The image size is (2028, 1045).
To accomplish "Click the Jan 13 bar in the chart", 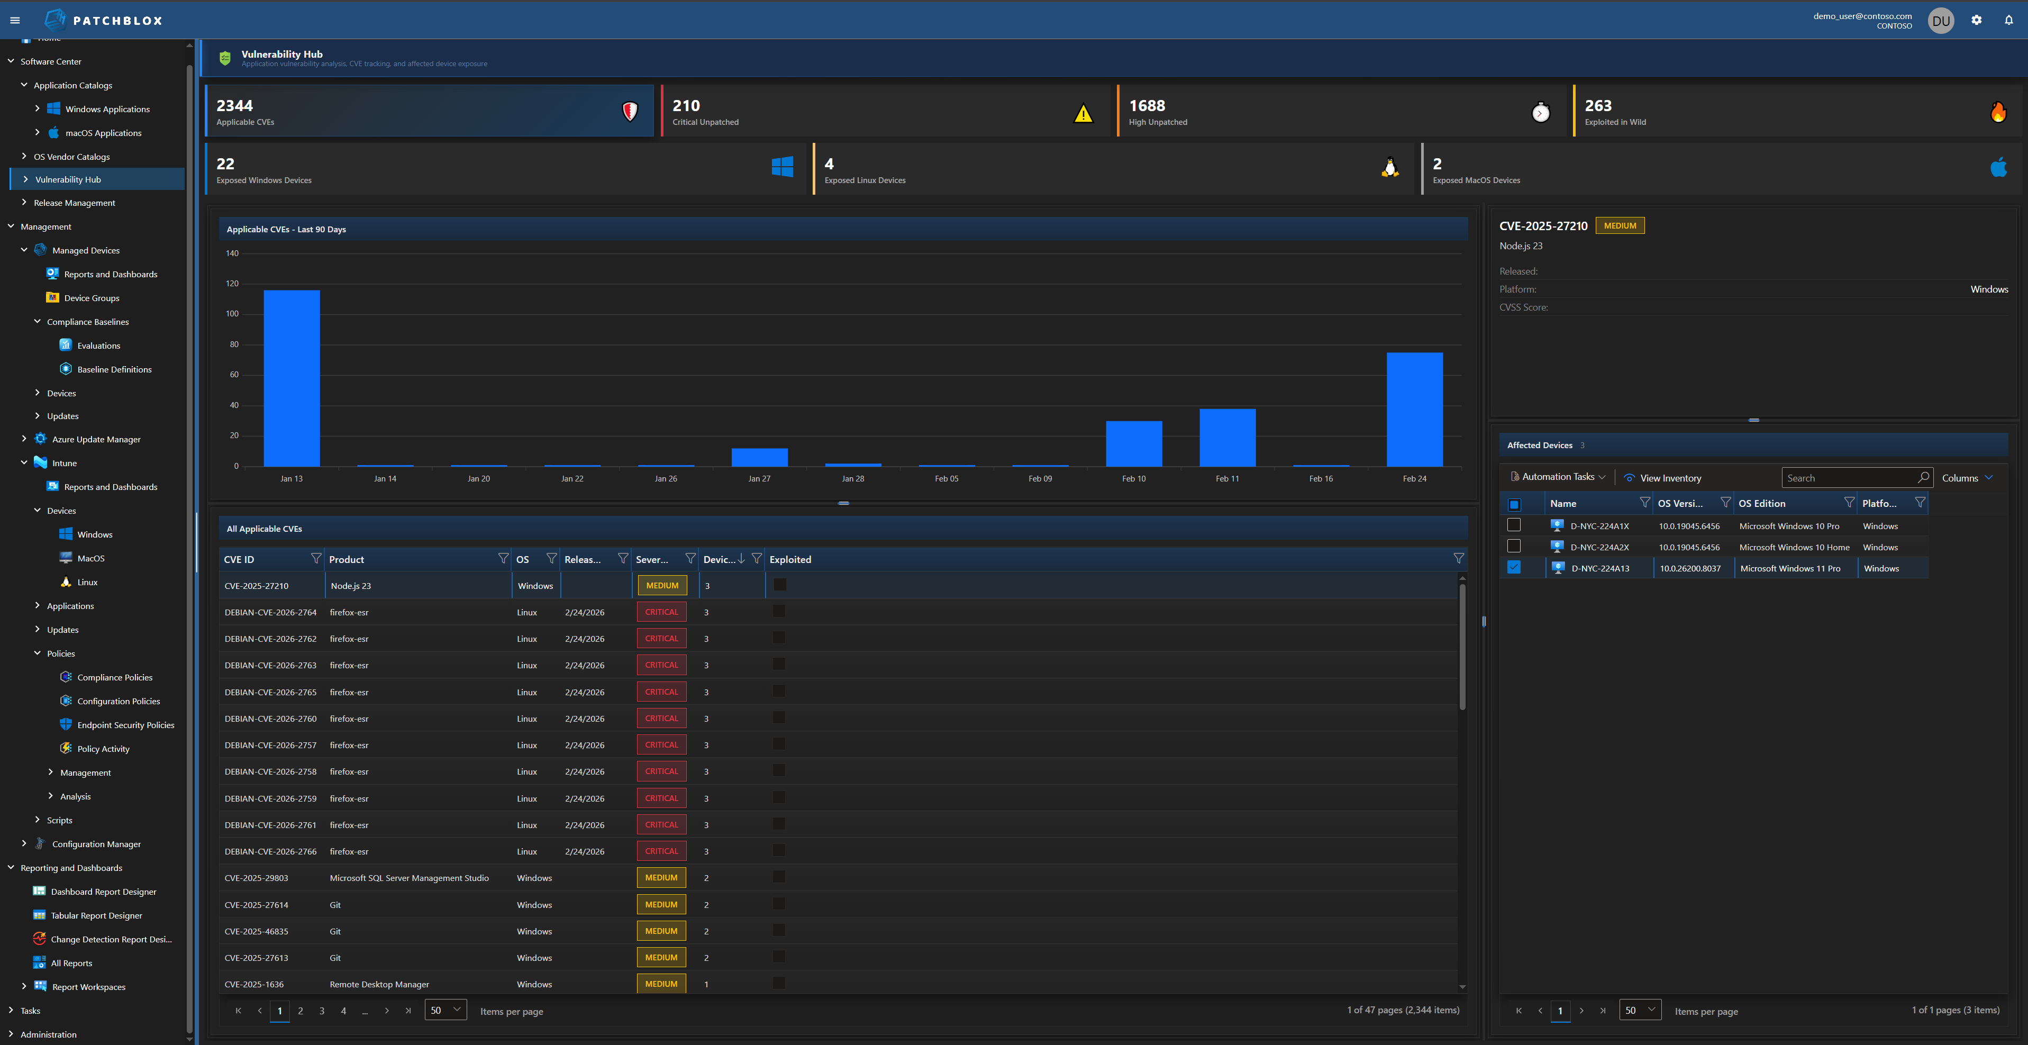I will pos(292,378).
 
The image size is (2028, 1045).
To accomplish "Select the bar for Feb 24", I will pos(1414,410).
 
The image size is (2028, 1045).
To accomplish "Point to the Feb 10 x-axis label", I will pos(1134,479).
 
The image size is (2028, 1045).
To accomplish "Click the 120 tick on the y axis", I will pos(232,284).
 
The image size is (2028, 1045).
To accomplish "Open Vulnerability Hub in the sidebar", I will pos(68,179).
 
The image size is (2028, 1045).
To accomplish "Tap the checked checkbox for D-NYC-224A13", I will pos(1514,568).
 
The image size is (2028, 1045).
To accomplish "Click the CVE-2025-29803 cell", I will pos(257,878).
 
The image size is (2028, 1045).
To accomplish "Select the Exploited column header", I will pos(790,560).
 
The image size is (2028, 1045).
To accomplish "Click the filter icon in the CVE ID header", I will pos(316,558).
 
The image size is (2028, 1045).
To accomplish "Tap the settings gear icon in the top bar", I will pos(1976,21).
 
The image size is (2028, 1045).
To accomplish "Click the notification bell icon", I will pos(2008,21).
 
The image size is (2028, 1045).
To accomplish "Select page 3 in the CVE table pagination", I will pos(322,1011).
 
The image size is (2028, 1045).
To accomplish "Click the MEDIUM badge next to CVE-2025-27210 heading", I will pos(1620,226).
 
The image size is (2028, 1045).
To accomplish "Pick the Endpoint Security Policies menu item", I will pos(126,725).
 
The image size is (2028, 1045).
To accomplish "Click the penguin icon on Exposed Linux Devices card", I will pos(1389,168).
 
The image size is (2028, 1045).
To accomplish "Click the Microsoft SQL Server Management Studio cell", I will pos(410,878).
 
